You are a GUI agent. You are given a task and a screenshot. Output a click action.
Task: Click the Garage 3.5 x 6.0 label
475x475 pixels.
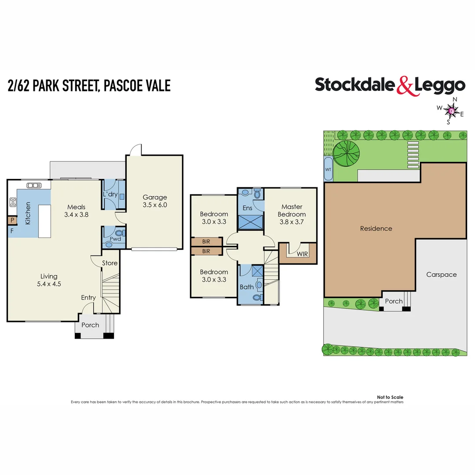(154, 201)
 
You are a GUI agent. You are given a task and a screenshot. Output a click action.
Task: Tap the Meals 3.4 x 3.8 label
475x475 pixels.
(76, 211)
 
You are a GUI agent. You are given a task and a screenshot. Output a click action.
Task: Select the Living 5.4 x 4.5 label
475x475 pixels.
(49, 280)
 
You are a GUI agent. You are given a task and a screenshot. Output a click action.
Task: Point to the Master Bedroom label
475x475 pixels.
(292, 210)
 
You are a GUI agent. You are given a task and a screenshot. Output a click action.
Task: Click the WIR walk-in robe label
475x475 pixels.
(302, 254)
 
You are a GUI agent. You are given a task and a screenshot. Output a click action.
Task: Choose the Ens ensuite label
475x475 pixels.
(247, 208)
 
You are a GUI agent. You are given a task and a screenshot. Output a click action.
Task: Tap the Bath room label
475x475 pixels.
(246, 287)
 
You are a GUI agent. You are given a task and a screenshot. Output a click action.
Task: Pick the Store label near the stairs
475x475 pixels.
(110, 263)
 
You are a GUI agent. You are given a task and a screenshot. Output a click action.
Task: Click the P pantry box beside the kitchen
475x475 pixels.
(12, 220)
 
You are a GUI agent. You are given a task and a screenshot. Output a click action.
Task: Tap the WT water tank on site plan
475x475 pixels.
(328, 169)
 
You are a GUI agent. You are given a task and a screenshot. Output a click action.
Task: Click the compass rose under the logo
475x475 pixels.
(451, 110)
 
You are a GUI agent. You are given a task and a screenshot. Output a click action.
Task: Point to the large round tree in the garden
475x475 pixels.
(346, 153)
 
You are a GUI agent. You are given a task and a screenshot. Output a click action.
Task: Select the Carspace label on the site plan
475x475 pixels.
(441, 274)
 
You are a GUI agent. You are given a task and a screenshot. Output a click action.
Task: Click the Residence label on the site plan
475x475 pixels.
(376, 228)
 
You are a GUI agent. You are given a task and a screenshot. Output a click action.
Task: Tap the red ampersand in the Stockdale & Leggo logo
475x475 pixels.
(406, 86)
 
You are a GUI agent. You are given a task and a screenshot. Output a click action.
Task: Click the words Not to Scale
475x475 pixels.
(390, 397)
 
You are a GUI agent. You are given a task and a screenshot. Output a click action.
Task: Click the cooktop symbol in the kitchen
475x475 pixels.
(13, 203)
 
